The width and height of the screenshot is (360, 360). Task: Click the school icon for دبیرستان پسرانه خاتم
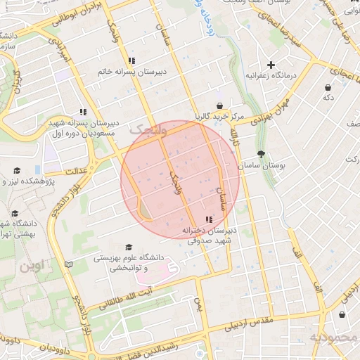tap(131, 60)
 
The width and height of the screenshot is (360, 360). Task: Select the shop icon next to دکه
tap(328, 87)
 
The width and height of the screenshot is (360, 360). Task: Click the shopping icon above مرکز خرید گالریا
tap(220, 105)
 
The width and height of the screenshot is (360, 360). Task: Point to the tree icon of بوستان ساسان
tap(262, 154)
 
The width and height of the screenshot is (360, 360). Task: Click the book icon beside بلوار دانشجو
tap(68, 264)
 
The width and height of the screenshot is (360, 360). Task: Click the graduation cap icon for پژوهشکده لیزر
tap(18, 170)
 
